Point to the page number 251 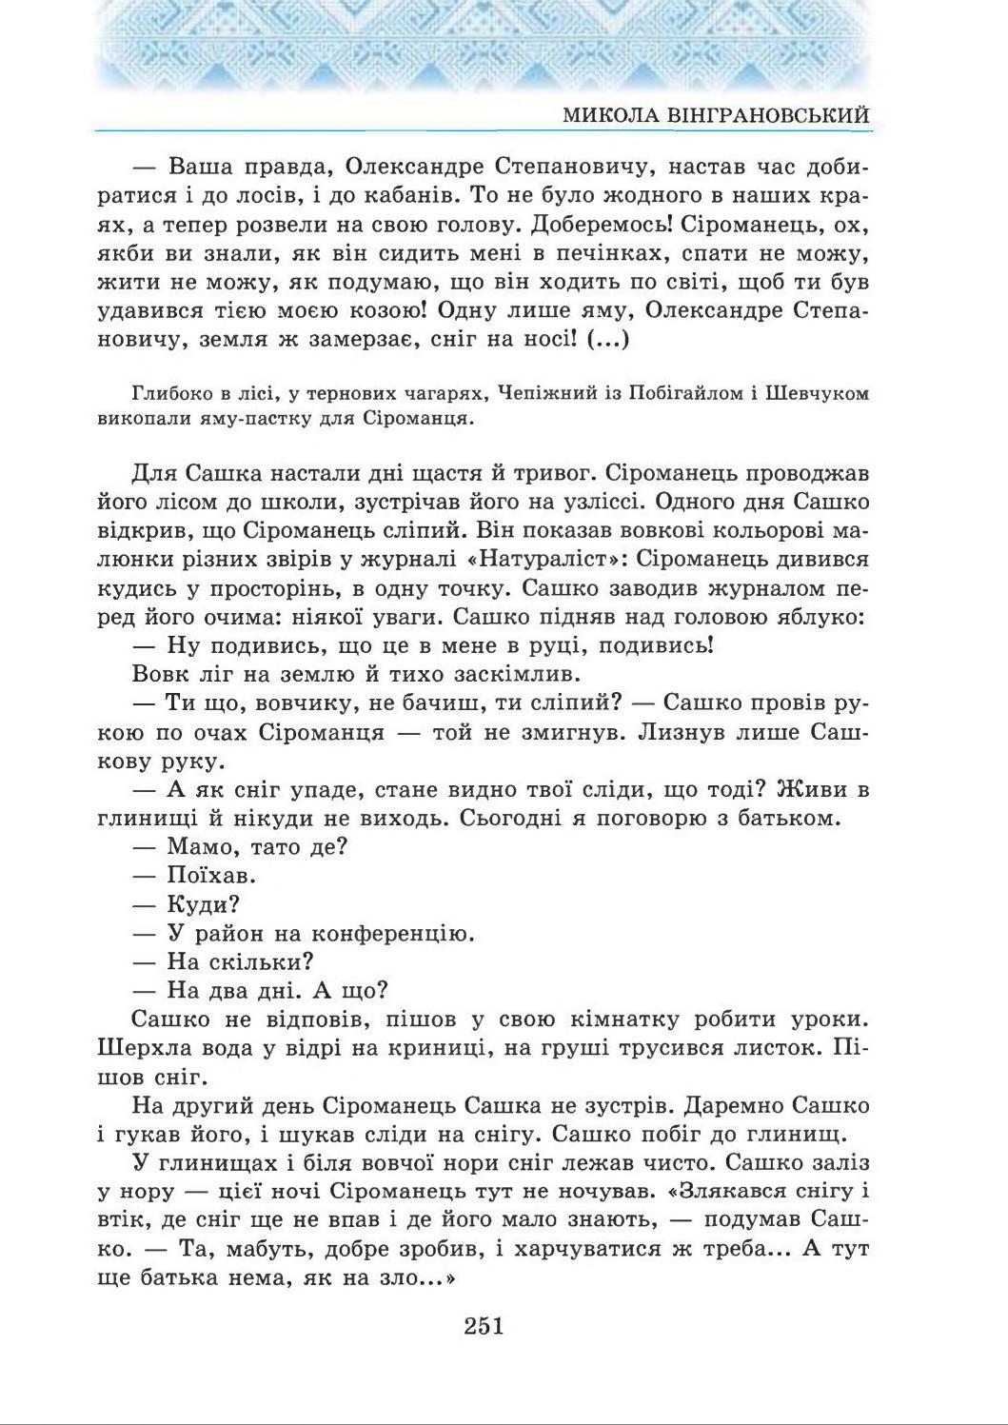pos(484,1325)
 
